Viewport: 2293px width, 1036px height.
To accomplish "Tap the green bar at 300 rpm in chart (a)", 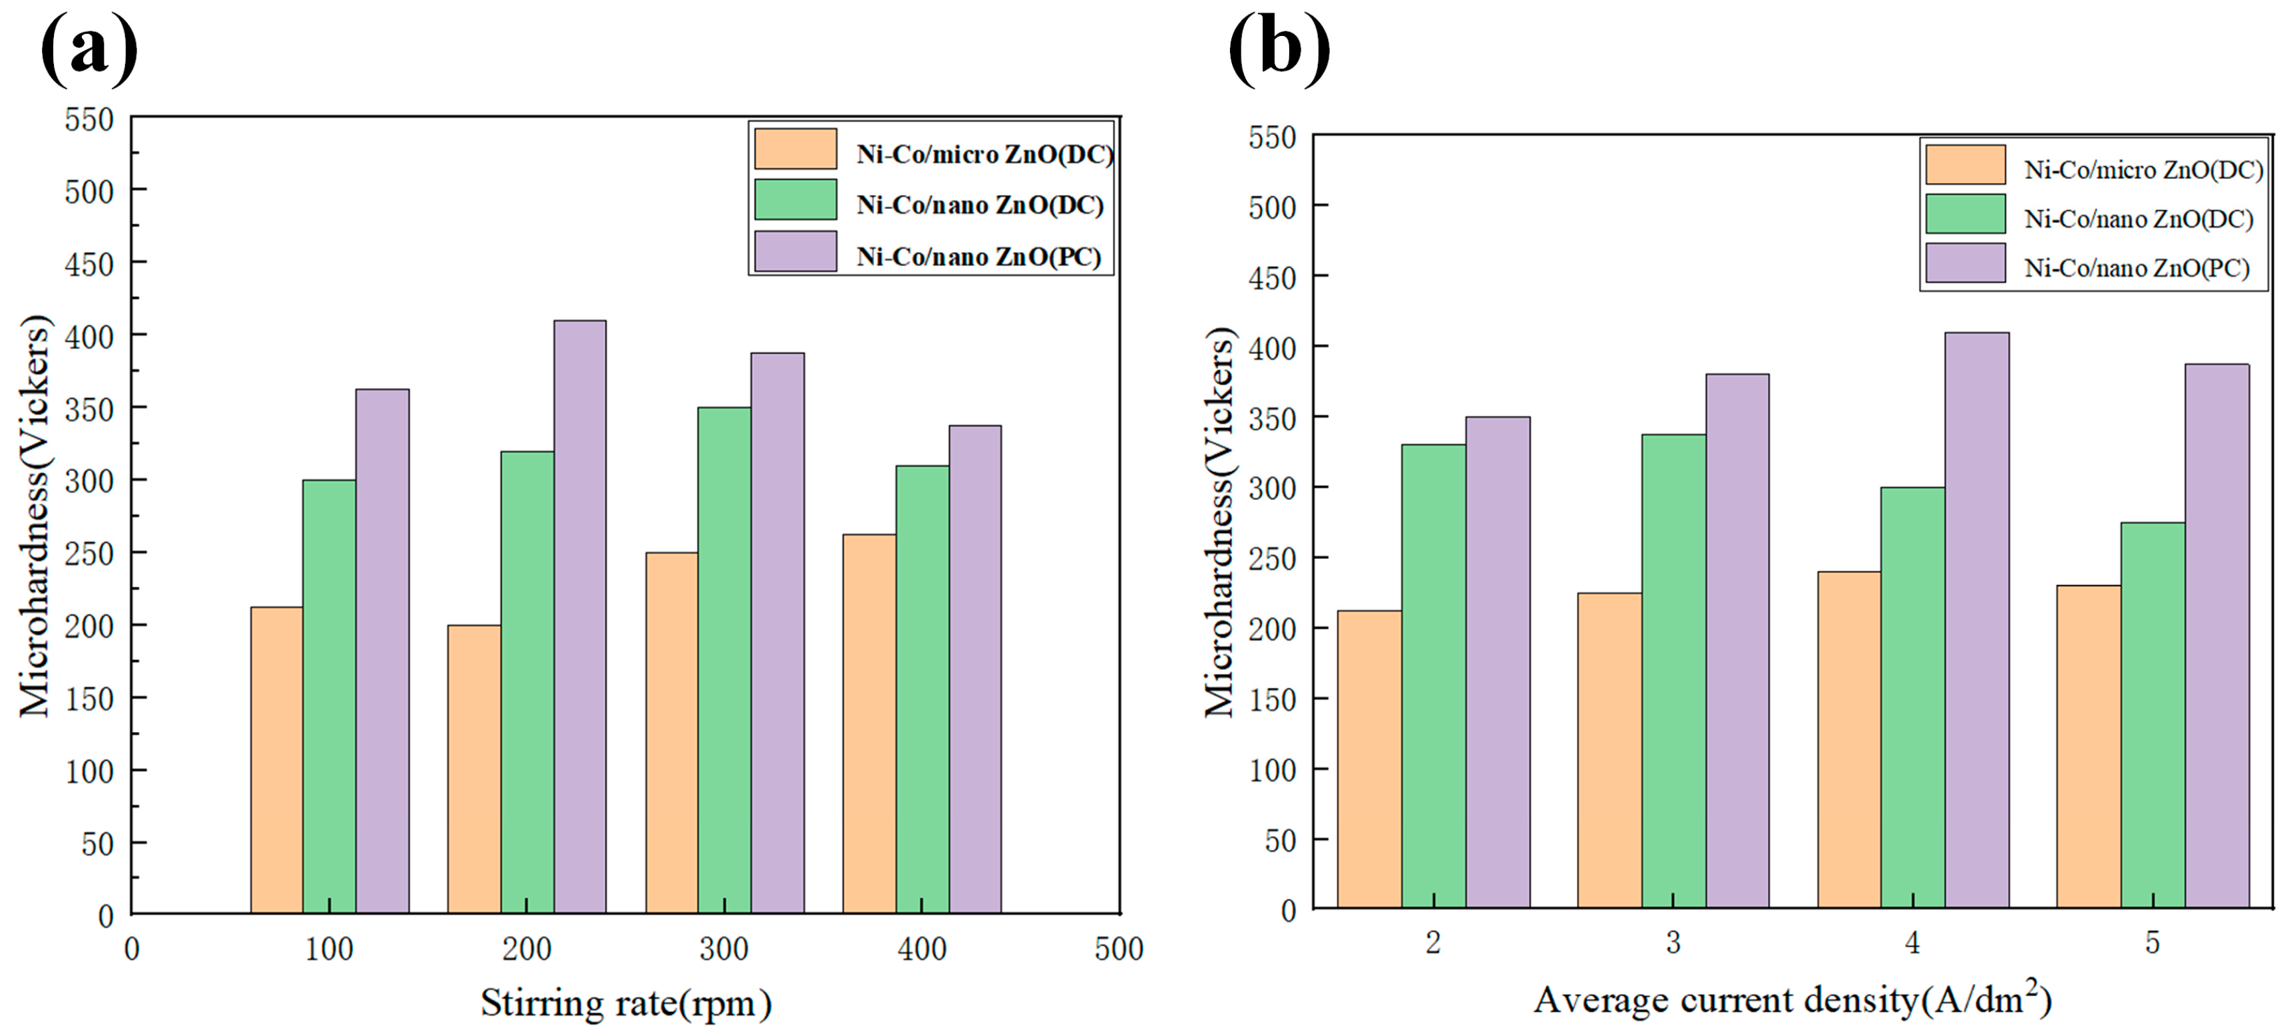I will (x=724, y=659).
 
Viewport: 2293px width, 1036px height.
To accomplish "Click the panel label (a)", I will (x=89, y=49).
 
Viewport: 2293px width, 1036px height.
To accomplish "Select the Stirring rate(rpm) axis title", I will (x=626, y=1003).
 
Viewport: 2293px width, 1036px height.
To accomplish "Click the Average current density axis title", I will (x=1792, y=999).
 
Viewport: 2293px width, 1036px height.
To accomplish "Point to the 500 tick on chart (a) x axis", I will (x=1119, y=949).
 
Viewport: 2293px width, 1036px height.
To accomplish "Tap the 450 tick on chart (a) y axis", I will (x=89, y=264).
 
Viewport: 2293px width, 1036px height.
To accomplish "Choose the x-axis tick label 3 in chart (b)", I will (x=1673, y=942).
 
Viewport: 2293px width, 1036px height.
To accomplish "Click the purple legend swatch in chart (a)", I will (x=795, y=251).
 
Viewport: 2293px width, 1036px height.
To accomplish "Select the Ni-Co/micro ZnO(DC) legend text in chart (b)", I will (x=2143, y=170).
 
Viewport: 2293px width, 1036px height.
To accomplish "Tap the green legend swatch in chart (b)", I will (x=1966, y=214).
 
